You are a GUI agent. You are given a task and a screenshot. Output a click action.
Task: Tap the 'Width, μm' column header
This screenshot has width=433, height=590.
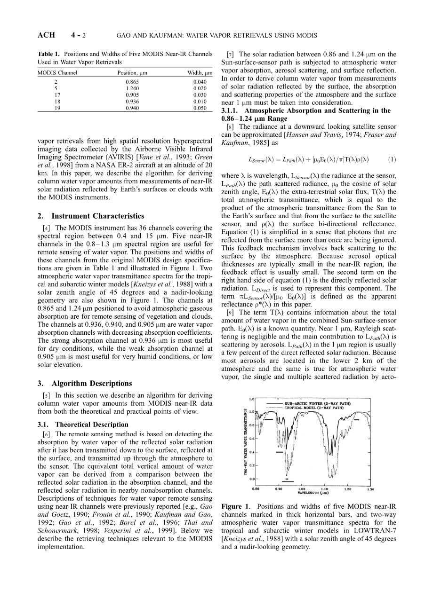coord(200,73)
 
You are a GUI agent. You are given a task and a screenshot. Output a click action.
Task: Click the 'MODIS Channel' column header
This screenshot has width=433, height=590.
coord(57,73)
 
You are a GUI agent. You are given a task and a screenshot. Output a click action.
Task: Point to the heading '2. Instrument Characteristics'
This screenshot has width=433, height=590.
coord(91,216)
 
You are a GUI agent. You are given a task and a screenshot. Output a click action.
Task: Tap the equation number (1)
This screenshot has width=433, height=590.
coord(392,159)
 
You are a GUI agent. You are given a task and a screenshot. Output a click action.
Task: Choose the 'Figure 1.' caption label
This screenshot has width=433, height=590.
coord(234,506)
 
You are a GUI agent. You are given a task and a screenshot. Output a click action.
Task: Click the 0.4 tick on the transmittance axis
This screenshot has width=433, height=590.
coord(252,452)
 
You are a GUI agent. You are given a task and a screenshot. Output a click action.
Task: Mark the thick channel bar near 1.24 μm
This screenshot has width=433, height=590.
coord(357,419)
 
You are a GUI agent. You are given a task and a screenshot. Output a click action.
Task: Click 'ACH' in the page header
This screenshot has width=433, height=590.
coord(46,35)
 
